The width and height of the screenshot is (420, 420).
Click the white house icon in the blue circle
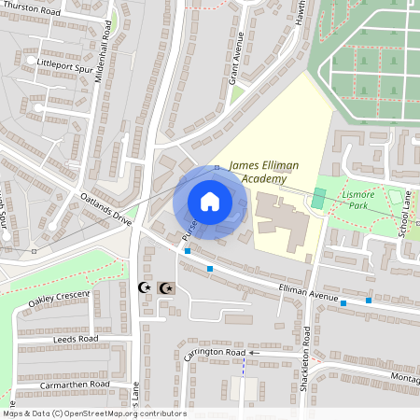(210, 201)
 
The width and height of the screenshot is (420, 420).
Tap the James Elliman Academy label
(264, 172)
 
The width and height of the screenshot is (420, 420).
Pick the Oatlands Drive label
(105, 209)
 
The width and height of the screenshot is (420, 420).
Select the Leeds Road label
(75, 338)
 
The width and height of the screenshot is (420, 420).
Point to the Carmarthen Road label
(76, 385)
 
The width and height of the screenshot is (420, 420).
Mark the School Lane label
(406, 216)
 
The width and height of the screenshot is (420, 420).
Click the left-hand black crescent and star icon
(146, 288)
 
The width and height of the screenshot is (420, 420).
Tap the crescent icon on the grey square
(166, 288)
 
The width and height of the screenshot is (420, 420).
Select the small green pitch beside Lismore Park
(319, 199)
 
